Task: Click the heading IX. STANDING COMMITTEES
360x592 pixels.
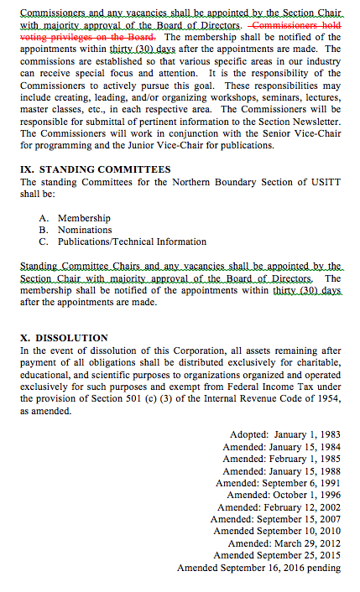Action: click(95, 169)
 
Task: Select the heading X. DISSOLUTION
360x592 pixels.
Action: click(64, 337)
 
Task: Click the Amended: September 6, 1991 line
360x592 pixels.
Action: click(279, 483)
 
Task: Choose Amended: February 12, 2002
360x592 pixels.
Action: click(279, 507)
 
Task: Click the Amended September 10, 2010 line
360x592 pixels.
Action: click(277, 531)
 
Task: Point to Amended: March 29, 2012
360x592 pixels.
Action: click(284, 543)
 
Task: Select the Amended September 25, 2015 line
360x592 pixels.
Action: click(277, 555)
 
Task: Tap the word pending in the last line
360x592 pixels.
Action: click(323, 568)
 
